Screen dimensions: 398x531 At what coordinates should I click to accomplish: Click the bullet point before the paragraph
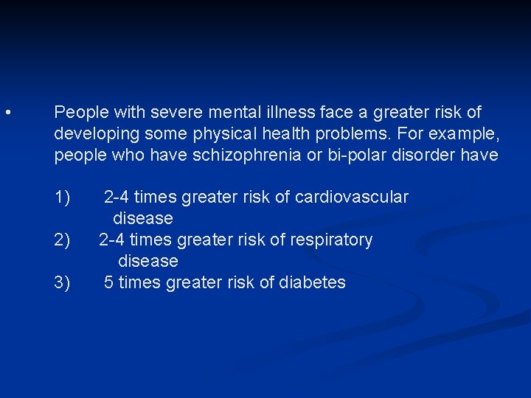(x=6, y=113)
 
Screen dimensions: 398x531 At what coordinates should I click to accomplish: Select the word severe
(x=175, y=113)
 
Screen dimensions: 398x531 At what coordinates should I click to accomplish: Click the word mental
(x=237, y=113)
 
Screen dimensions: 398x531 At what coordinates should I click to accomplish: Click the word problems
(x=355, y=135)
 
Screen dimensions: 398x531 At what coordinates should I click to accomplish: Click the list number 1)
(x=62, y=198)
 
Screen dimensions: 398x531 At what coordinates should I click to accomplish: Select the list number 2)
(x=62, y=240)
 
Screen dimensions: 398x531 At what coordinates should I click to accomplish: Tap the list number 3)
(x=62, y=282)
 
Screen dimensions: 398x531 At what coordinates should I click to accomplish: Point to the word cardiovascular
(x=351, y=198)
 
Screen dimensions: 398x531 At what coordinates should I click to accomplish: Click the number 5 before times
(x=108, y=282)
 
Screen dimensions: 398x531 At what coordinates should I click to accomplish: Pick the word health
(x=280, y=135)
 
